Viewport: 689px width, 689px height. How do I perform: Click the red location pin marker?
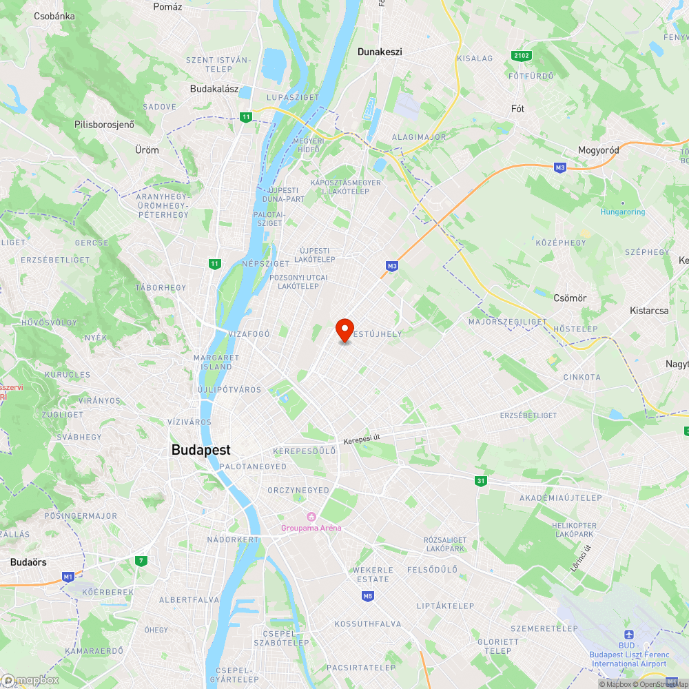coord(344,330)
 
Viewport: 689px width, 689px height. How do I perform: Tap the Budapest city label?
coord(200,450)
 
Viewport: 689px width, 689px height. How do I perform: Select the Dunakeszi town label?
coord(379,52)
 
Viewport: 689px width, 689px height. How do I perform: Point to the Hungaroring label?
coord(622,212)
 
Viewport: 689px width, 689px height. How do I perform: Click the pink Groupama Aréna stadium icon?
coord(311,517)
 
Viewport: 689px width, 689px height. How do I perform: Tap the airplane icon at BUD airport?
coord(628,635)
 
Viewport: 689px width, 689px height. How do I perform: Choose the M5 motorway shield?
coord(367,596)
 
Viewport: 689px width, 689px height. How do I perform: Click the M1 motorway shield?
coord(68,576)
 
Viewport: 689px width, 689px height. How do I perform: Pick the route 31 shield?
coord(480,481)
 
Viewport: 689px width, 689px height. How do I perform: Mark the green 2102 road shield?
coord(521,55)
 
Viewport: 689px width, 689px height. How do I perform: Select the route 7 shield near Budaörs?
coord(141,561)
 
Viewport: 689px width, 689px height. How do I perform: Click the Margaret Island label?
coord(216,362)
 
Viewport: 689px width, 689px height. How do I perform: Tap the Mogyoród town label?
coord(598,150)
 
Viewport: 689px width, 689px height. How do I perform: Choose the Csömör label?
coord(570,298)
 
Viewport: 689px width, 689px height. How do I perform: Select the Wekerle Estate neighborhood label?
coord(372,575)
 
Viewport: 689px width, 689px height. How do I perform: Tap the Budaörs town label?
coord(28,562)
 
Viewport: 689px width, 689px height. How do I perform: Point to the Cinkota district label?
coord(582,377)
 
